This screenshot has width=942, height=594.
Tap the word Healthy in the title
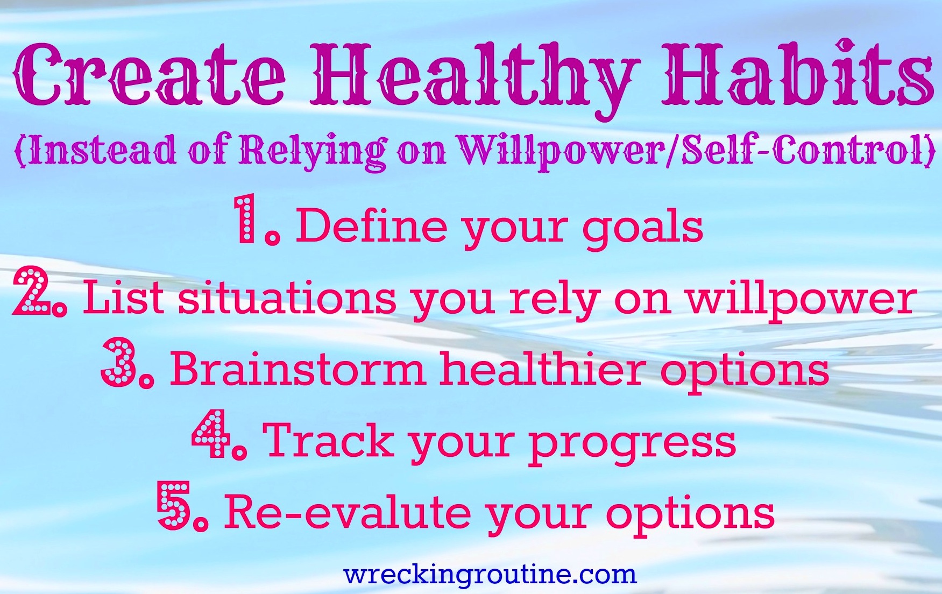[x=476, y=78]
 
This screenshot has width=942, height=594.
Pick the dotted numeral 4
[x=211, y=434]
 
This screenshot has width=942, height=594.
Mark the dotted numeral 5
[x=174, y=505]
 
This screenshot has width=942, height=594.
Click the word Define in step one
[x=372, y=226]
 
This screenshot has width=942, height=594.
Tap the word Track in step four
[x=328, y=441]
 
